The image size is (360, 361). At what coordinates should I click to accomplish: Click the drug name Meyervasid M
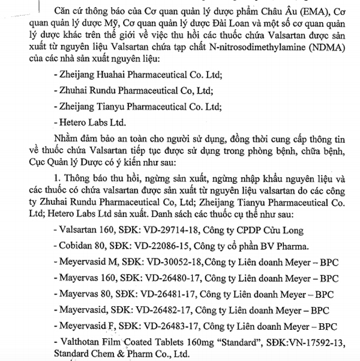(x=88, y=262)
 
